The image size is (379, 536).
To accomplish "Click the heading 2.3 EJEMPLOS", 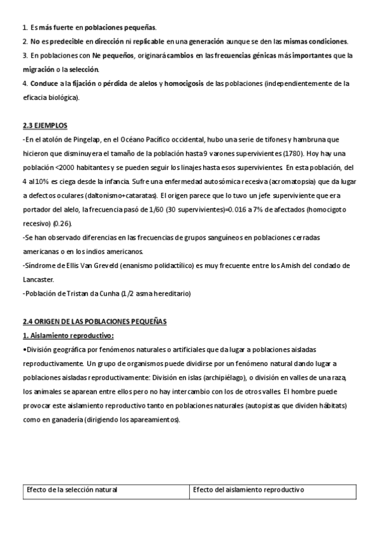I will pyautogui.click(x=44, y=126).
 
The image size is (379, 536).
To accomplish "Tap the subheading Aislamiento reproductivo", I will pyautogui.click(x=68, y=336).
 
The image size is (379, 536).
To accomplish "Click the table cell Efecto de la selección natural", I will pyautogui.click(x=72, y=490).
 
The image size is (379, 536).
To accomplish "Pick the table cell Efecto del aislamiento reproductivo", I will pyautogui.click(x=249, y=490).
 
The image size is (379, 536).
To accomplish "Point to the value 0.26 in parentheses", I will pyautogui.click(x=63, y=223).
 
